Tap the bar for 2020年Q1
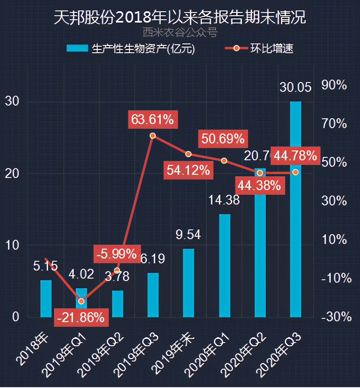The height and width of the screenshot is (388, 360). pyautogui.click(x=224, y=266)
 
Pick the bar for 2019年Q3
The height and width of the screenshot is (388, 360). pyautogui.click(x=153, y=295)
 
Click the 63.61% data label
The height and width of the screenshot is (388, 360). pyautogui.click(x=152, y=120)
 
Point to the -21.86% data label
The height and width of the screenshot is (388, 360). pyautogui.click(x=81, y=318)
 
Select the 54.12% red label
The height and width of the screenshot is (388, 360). pyautogui.click(x=188, y=170)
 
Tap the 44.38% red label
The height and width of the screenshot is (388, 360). pyautogui.click(x=259, y=186)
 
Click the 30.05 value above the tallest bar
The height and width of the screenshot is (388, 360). pyautogui.click(x=295, y=87)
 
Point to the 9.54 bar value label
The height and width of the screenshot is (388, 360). pyautogui.click(x=188, y=234)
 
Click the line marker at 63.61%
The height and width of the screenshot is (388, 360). pyautogui.click(x=153, y=136)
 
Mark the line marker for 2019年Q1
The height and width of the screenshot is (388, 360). pyautogui.click(x=81, y=301)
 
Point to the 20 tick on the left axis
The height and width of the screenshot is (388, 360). pyautogui.click(x=13, y=173)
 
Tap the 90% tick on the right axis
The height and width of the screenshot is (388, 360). pyautogui.click(x=334, y=85)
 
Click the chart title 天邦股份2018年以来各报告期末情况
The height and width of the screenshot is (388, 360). pyautogui.click(x=180, y=18)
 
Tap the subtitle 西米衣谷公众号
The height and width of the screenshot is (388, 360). pyautogui.click(x=180, y=32)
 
